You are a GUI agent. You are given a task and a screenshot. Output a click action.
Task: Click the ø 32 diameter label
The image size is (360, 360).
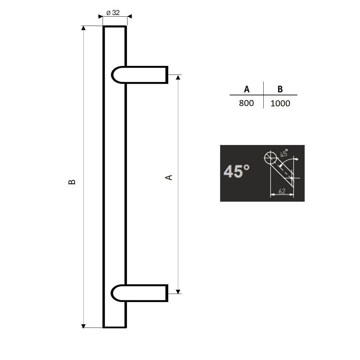click(x=113, y=13)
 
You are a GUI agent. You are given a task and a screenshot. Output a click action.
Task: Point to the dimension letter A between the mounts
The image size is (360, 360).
click(x=169, y=177)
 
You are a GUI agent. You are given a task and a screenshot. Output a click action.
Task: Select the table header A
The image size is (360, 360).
click(x=247, y=89)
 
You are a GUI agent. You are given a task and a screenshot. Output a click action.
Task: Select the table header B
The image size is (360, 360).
click(x=280, y=89)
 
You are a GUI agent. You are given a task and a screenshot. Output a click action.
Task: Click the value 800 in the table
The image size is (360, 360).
click(x=246, y=103)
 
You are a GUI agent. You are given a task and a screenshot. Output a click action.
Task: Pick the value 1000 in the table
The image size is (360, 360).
click(x=280, y=103)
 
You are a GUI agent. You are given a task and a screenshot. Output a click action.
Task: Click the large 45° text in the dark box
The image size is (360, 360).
click(x=236, y=172)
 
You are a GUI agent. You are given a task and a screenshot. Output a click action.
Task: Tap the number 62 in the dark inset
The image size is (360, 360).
click(x=282, y=191)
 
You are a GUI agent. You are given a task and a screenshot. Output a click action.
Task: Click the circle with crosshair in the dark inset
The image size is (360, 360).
click(x=270, y=157)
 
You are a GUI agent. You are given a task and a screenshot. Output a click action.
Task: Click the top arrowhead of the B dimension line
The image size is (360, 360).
click(x=84, y=28)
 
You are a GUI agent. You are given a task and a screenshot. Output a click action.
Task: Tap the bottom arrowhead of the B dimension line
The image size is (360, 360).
click(x=84, y=326)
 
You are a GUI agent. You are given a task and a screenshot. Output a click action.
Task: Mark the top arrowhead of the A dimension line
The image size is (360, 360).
click(x=178, y=77)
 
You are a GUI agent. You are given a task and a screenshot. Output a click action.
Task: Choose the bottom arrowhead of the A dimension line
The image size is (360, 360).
click(x=178, y=291)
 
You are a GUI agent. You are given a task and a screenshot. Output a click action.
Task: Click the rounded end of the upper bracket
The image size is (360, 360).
click(x=115, y=75)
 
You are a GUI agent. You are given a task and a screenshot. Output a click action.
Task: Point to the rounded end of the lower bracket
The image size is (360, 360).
click(x=115, y=293)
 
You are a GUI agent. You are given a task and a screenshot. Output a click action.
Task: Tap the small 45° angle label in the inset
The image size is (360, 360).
click(x=284, y=153)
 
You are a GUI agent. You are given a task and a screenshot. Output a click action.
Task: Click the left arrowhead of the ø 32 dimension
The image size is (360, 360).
click(x=100, y=16)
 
